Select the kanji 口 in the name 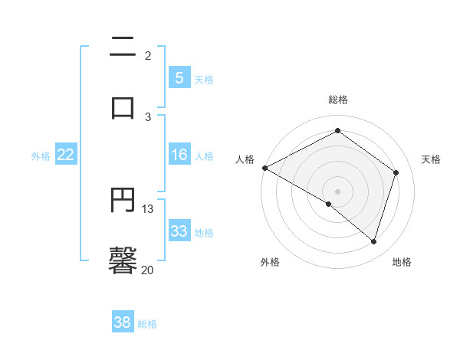point(123,107)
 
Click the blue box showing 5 point(179,77)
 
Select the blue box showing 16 point(179,155)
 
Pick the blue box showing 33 point(179,231)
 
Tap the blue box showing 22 point(66,155)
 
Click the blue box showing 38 point(123,322)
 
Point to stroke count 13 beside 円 point(148,208)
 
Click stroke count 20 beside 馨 point(148,270)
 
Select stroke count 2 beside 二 point(148,55)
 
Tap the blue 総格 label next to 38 point(147,324)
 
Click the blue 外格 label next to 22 point(41,156)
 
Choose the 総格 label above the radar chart point(338,100)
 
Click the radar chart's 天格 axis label point(431,159)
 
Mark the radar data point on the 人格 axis point(264,168)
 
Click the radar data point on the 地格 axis point(373,241)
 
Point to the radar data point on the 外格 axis point(329,204)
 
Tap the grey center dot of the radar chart point(337,191)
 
